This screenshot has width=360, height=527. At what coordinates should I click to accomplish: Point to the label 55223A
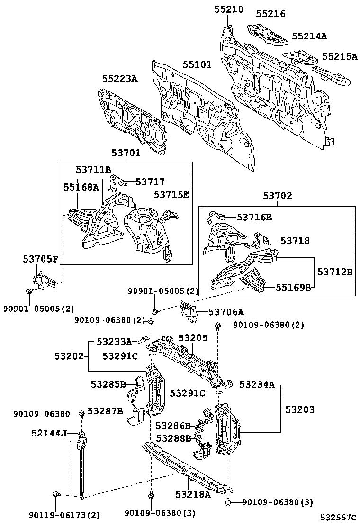tap(120, 79)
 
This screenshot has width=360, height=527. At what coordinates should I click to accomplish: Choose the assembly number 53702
tap(278, 196)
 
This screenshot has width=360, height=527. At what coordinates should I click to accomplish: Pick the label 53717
tap(150, 182)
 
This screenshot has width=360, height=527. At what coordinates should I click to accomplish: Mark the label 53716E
tap(254, 217)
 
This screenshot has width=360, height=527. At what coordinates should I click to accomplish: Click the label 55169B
tap(294, 287)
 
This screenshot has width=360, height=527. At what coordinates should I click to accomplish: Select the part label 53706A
tap(226, 312)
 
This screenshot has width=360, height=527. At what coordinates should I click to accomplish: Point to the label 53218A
tap(194, 494)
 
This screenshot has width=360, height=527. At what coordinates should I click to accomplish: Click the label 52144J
tap(49, 433)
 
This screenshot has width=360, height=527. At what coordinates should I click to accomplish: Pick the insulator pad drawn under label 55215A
tap(333, 75)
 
